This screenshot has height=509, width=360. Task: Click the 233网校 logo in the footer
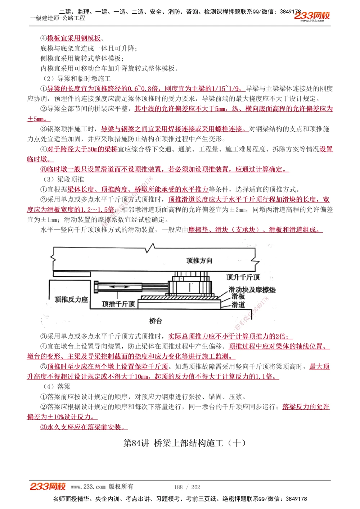tap(48, 487)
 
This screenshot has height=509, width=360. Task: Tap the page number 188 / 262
tap(187, 487)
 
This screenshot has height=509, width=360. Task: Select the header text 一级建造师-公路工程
tap(58, 18)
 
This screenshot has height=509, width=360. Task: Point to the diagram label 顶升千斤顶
tap(243, 277)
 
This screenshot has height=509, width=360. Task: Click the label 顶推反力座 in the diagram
tap(71, 299)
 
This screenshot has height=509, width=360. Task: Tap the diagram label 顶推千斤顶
tap(118, 304)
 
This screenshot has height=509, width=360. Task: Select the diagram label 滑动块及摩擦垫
tap(252, 290)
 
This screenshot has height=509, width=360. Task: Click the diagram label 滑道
tap(238, 305)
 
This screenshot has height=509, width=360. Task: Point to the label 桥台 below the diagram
tap(156, 321)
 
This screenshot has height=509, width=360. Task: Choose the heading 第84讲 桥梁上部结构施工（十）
tap(185, 443)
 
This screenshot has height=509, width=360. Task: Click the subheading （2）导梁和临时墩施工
tap(77, 78)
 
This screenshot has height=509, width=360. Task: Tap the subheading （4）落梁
tap(57, 386)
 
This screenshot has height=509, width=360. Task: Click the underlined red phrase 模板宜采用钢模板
tap(74, 38)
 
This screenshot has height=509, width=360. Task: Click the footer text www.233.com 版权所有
tap(102, 487)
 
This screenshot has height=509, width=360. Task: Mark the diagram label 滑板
tap(238, 296)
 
